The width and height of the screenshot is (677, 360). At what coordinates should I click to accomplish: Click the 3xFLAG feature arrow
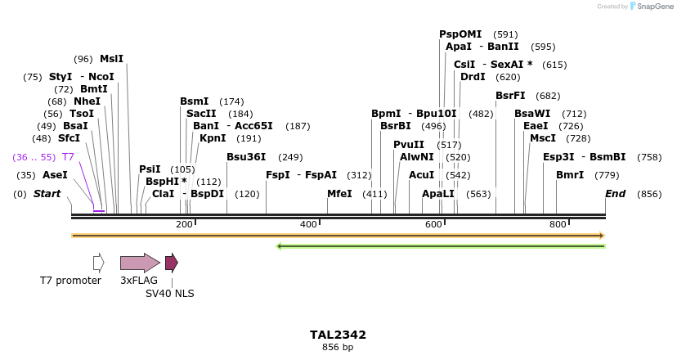pyautogui.click(x=140, y=263)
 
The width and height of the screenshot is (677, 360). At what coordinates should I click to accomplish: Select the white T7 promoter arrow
pyautogui.click(x=99, y=263)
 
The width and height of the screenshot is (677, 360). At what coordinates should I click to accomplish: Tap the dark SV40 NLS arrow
pyautogui.click(x=171, y=263)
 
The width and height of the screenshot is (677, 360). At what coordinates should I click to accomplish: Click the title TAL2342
pyautogui.click(x=338, y=335)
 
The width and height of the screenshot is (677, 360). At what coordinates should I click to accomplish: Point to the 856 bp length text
pyautogui.click(x=338, y=348)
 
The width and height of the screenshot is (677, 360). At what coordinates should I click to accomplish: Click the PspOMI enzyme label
pyautogui.click(x=460, y=34)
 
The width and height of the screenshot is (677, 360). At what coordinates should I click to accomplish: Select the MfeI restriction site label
pyautogui.click(x=339, y=194)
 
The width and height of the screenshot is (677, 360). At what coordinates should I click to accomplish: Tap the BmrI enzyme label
pyautogui.click(x=570, y=175)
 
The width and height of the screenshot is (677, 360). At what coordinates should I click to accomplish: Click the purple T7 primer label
pyautogui.click(x=68, y=156)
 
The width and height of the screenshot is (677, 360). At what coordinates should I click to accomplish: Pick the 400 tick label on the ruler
pyautogui.click(x=308, y=224)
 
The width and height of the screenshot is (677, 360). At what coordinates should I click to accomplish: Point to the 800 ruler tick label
pyautogui.click(x=558, y=224)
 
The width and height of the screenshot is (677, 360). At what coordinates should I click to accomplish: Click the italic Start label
pyautogui.click(x=47, y=194)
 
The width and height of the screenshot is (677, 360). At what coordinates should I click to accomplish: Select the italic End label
pyautogui.click(x=615, y=194)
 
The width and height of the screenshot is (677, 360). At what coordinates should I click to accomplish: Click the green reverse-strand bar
pyautogui.click(x=442, y=245)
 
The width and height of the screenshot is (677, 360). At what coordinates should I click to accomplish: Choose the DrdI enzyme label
pyautogui.click(x=473, y=77)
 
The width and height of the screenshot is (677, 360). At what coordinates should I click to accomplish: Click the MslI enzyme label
pyautogui.click(x=111, y=59)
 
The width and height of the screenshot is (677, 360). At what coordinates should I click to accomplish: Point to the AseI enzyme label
pyautogui.click(x=55, y=175)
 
